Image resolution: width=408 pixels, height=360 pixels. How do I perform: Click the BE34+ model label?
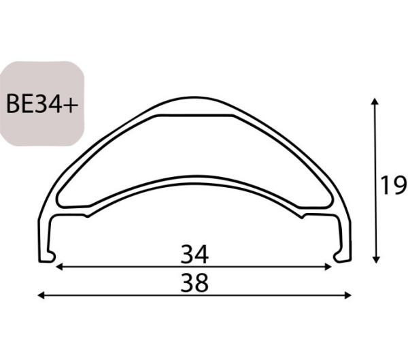[41, 104]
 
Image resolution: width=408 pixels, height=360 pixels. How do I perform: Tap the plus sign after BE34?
[71, 104]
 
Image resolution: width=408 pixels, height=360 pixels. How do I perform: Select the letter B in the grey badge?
[13, 104]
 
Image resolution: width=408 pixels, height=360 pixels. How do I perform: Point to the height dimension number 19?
[392, 184]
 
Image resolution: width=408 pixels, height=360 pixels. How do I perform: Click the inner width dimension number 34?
[194, 255]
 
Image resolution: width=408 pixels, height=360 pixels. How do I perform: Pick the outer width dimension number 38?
[194, 282]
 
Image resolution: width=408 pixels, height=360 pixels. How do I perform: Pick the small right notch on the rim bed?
[303, 215]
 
